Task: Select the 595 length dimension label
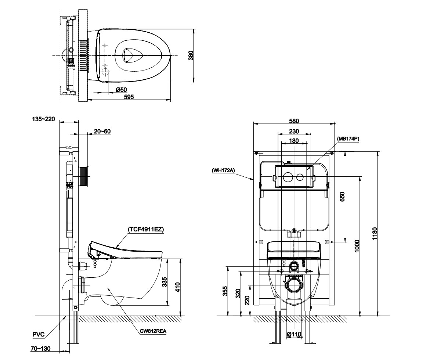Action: click(129, 97)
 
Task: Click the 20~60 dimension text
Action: click(102, 132)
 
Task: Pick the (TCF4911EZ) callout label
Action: click(146, 229)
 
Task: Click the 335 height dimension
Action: click(165, 282)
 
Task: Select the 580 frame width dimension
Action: click(294, 121)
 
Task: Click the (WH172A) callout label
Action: click(223, 170)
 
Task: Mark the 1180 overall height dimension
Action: click(375, 233)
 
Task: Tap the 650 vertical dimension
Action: click(342, 197)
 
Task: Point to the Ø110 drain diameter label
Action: click(294, 334)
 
